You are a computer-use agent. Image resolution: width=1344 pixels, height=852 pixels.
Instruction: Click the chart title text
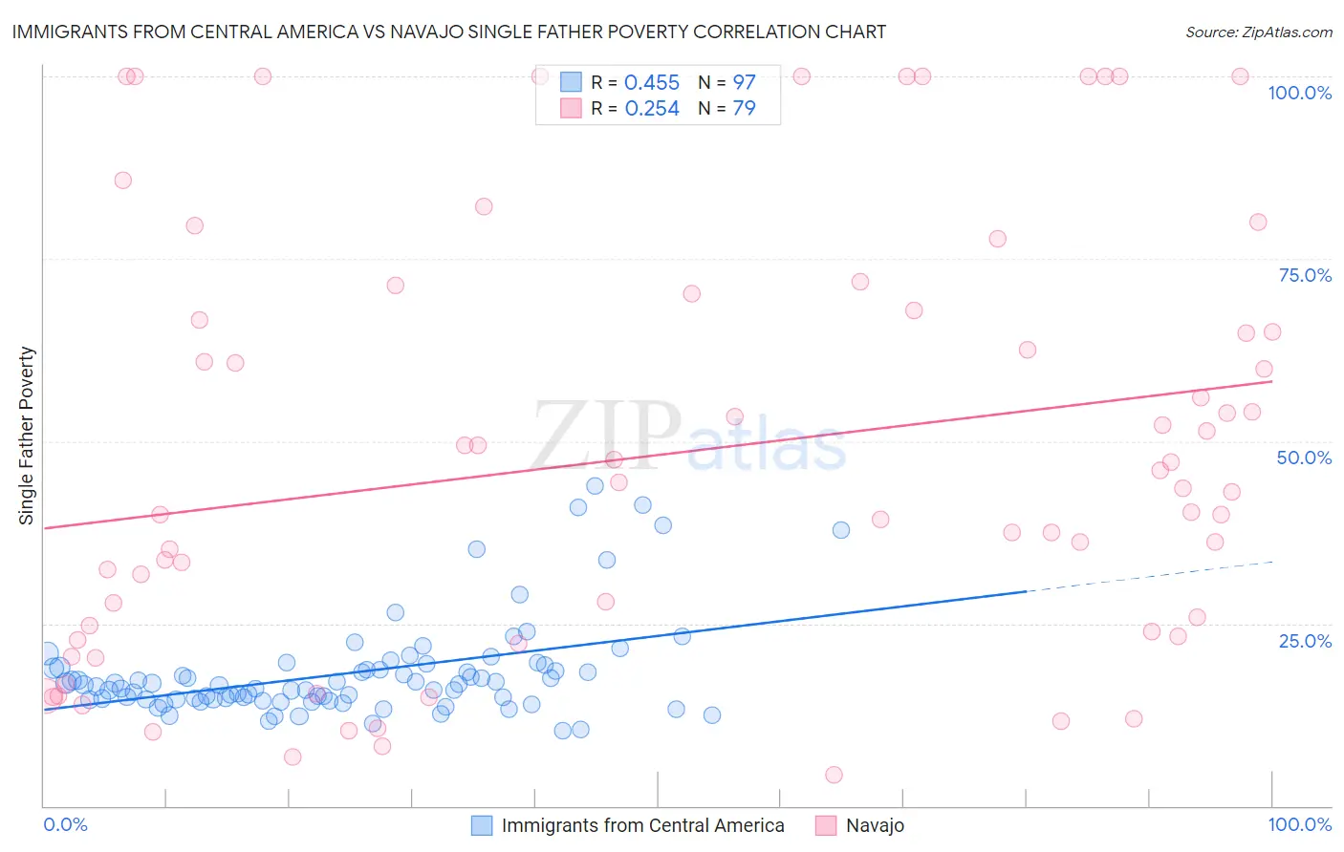coord(449,32)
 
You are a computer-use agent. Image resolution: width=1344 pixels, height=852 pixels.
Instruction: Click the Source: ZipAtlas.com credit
coord(1258,32)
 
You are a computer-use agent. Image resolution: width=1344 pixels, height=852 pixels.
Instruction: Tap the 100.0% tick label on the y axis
coord(1299,93)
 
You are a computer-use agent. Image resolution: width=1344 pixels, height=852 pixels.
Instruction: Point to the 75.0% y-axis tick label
coord(1305,275)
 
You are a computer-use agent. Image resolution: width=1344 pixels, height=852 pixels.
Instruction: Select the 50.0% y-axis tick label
coord(1304,458)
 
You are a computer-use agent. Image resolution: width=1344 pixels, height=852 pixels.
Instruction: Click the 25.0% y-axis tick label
coord(1305,640)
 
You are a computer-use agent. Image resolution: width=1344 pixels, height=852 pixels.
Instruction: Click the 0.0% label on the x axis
coord(66,824)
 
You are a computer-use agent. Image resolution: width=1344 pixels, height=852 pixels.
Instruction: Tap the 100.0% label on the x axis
coord(1299,824)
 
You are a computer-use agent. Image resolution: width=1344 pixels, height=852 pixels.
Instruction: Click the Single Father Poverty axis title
coord(27,436)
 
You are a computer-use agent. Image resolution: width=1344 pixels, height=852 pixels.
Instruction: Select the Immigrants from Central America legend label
coord(642,825)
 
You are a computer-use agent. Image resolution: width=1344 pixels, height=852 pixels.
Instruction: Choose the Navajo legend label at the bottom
coord(875,825)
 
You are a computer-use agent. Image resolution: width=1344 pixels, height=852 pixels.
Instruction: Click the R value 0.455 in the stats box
coord(652,83)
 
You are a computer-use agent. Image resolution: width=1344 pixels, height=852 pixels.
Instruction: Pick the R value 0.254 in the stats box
coord(652,109)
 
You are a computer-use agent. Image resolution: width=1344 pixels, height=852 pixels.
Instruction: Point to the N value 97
coord(744,83)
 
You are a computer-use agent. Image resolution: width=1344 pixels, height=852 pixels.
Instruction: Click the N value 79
coord(744,109)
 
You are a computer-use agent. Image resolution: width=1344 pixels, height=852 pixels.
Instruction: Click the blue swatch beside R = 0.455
coord(571,82)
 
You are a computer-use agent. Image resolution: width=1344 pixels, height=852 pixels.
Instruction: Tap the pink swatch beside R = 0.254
coord(571,108)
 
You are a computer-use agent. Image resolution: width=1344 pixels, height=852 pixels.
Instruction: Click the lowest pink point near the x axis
coord(834,775)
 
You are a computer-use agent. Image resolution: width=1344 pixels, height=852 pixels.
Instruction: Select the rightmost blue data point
coord(841,530)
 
